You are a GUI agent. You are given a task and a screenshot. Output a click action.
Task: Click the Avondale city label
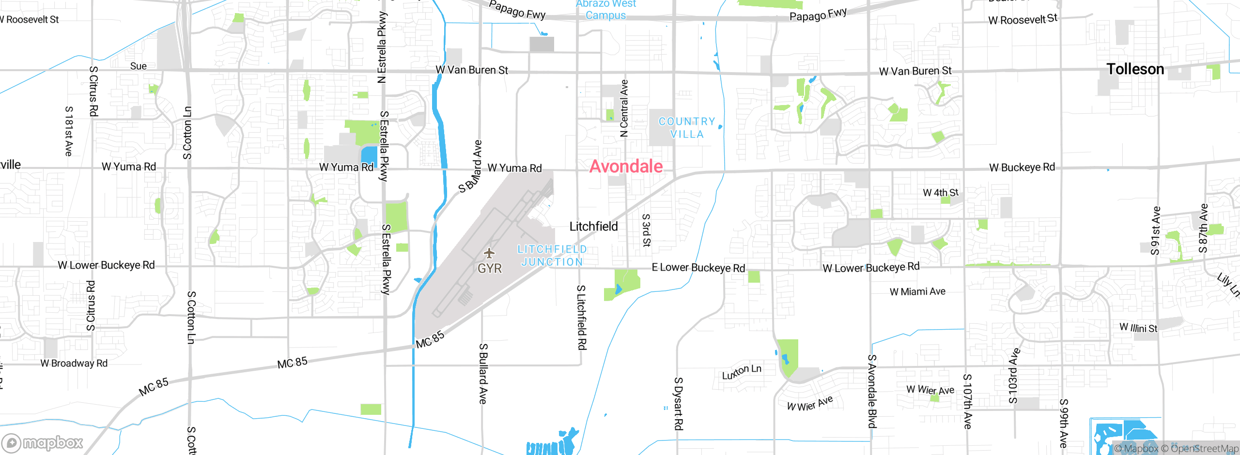(x=626, y=166)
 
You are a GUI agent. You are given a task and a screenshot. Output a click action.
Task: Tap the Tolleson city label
(x=1135, y=69)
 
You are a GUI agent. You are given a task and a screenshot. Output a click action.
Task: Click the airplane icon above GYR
(x=489, y=253)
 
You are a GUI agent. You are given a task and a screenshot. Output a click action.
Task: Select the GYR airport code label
(x=489, y=268)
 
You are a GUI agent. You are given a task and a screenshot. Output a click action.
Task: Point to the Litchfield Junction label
(x=552, y=256)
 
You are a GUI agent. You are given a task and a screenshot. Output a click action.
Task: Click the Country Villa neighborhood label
(x=687, y=128)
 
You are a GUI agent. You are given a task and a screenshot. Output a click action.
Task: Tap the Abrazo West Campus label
(x=605, y=10)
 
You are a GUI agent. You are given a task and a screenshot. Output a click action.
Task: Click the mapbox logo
(x=43, y=442)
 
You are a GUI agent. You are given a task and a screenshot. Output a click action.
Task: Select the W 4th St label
(x=940, y=193)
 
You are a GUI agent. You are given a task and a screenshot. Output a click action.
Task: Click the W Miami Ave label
(x=917, y=291)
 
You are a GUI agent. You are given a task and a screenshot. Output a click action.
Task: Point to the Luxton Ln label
(x=742, y=372)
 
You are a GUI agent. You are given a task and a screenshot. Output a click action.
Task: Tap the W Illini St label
(x=1138, y=328)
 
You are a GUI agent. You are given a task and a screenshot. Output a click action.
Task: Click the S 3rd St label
(x=646, y=230)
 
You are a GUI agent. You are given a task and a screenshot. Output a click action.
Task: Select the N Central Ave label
(x=624, y=108)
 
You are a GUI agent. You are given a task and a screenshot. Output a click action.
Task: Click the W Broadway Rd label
(x=74, y=363)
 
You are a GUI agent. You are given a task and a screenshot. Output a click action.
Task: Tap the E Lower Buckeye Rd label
(x=698, y=267)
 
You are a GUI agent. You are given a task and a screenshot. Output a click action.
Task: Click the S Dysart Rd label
(x=679, y=403)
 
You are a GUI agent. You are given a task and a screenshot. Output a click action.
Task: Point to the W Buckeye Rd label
(x=1022, y=167)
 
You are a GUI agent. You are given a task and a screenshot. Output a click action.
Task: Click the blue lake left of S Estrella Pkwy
(x=369, y=157)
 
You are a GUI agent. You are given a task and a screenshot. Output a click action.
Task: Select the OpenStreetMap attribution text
(x=1204, y=449)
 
